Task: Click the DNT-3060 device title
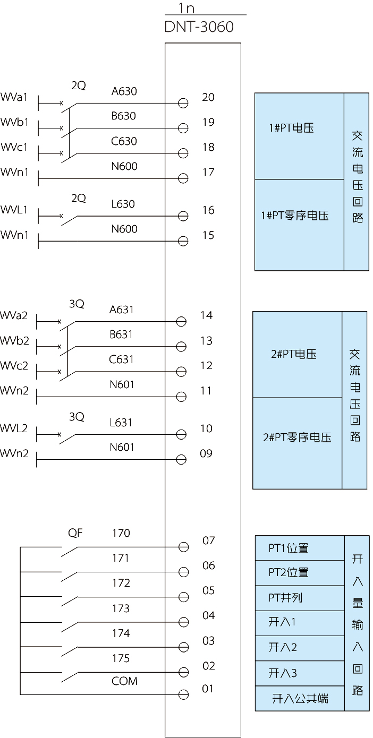pyautogui.click(x=199, y=27)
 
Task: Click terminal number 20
pyautogui.click(x=208, y=97)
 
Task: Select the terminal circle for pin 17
pyautogui.click(x=183, y=178)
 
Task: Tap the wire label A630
pyautogui.click(x=124, y=91)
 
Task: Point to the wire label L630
pyautogui.click(x=123, y=204)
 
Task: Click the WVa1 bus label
pyautogui.click(x=14, y=97)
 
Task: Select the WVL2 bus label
pyautogui.click(x=14, y=428)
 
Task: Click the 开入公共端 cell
pyautogui.click(x=300, y=699)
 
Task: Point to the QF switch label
pyautogui.click(x=75, y=533)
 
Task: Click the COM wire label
pyautogui.click(x=124, y=681)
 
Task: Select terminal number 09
pyautogui.click(x=206, y=453)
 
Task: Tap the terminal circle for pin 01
pyautogui.click(x=183, y=694)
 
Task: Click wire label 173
pyautogui.click(x=121, y=608)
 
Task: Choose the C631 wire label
pyautogui.click(x=121, y=359)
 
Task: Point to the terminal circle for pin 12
pyautogui.click(x=181, y=372)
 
